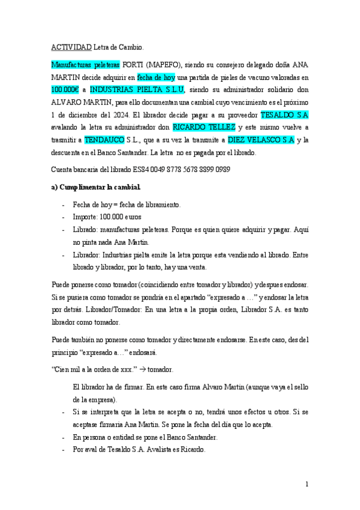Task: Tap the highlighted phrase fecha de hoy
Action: (x=156, y=77)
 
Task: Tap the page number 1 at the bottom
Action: (x=307, y=484)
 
